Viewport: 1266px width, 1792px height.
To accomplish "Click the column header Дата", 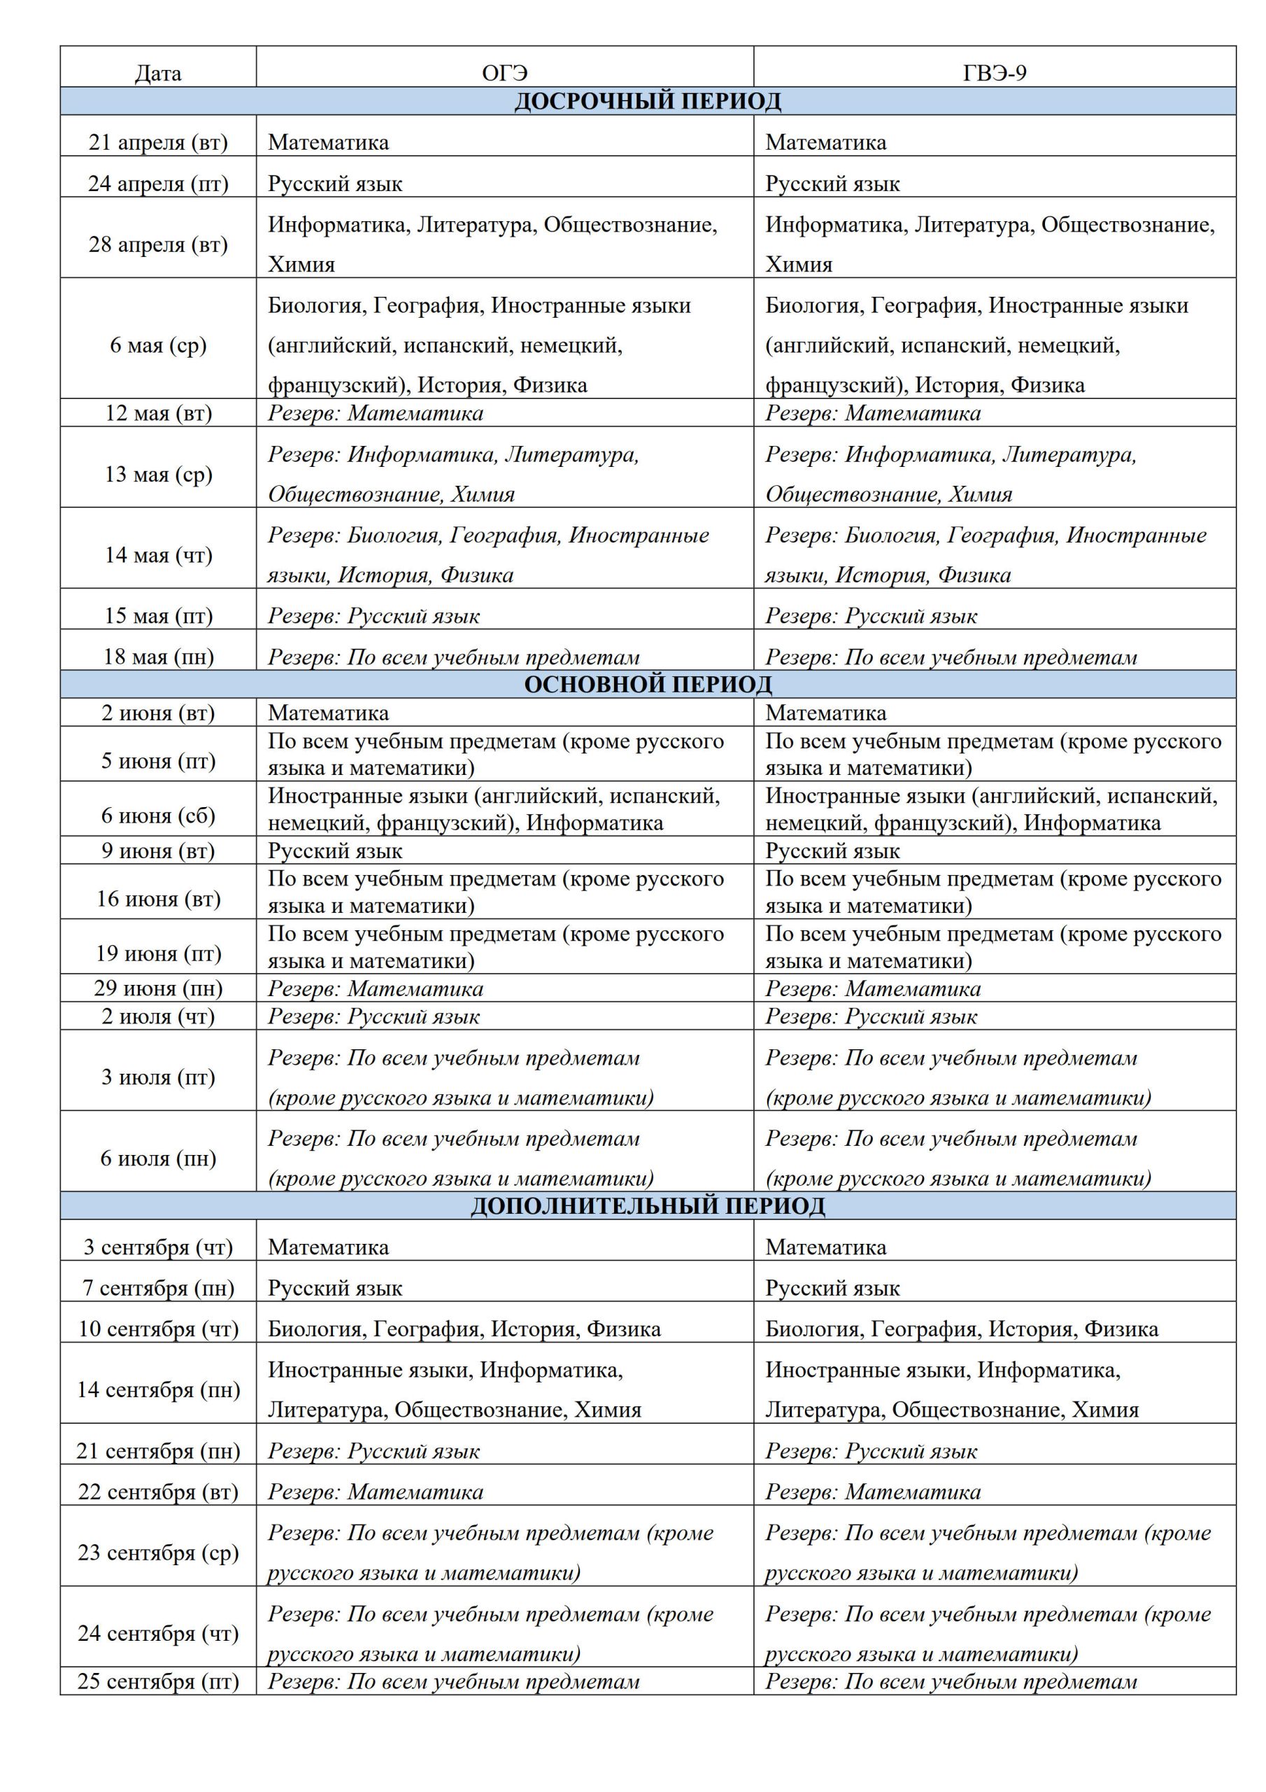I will (157, 73).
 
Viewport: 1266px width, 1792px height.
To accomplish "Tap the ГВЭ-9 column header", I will (994, 73).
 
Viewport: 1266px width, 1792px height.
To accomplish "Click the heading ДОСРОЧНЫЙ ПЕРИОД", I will (648, 101).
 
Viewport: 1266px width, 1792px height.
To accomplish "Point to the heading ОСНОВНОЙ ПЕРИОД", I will (648, 685).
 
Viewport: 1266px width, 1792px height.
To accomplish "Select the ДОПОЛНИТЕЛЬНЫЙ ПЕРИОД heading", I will (648, 1206).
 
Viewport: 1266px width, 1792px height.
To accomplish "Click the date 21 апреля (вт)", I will (157, 142).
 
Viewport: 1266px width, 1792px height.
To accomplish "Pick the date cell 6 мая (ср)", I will (157, 345).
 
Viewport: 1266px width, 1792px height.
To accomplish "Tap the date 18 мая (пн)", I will (157, 657).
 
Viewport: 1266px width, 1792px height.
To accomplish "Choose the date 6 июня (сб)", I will (157, 815).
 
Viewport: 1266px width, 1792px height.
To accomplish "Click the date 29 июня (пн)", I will (157, 988).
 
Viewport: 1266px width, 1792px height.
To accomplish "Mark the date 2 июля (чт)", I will (157, 1016).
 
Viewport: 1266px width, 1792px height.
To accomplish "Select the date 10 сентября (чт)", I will (157, 1329).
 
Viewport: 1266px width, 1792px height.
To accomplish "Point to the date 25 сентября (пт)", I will (157, 1681).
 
